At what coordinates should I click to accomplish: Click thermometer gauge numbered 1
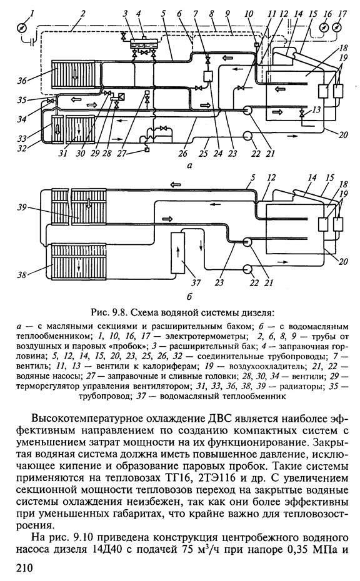22,28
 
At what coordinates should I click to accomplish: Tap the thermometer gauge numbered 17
337,27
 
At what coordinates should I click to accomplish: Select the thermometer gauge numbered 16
323,27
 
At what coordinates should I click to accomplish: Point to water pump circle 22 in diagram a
247,136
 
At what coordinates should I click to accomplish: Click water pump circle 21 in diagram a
247,110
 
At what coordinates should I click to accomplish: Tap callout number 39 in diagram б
21,207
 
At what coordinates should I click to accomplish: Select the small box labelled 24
207,77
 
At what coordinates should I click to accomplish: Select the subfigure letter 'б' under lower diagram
189,296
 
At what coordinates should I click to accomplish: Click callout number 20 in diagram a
343,135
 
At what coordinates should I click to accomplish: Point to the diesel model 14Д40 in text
105,549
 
